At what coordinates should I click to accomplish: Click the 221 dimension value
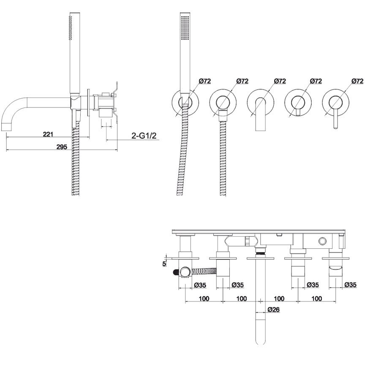click(48, 134)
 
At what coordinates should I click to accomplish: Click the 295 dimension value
click(62, 147)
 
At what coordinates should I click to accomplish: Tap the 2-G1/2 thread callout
click(144, 136)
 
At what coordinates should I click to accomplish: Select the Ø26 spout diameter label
click(273, 309)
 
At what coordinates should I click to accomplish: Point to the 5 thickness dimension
click(164, 264)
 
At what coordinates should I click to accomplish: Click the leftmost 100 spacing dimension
click(204, 299)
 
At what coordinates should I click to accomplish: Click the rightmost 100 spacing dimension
click(317, 299)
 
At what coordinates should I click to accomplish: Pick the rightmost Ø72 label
click(357, 81)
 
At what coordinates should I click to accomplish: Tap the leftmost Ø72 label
click(205, 81)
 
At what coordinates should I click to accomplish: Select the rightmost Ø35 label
click(351, 285)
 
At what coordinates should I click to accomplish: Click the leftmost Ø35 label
click(200, 285)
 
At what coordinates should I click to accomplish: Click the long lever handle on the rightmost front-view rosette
click(335, 119)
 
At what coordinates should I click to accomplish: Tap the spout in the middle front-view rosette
click(260, 114)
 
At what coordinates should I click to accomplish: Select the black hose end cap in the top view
click(175, 272)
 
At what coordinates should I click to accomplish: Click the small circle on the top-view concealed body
click(323, 241)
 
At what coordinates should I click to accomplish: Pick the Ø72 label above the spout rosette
click(280, 81)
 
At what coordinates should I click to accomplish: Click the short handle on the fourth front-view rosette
click(298, 112)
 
